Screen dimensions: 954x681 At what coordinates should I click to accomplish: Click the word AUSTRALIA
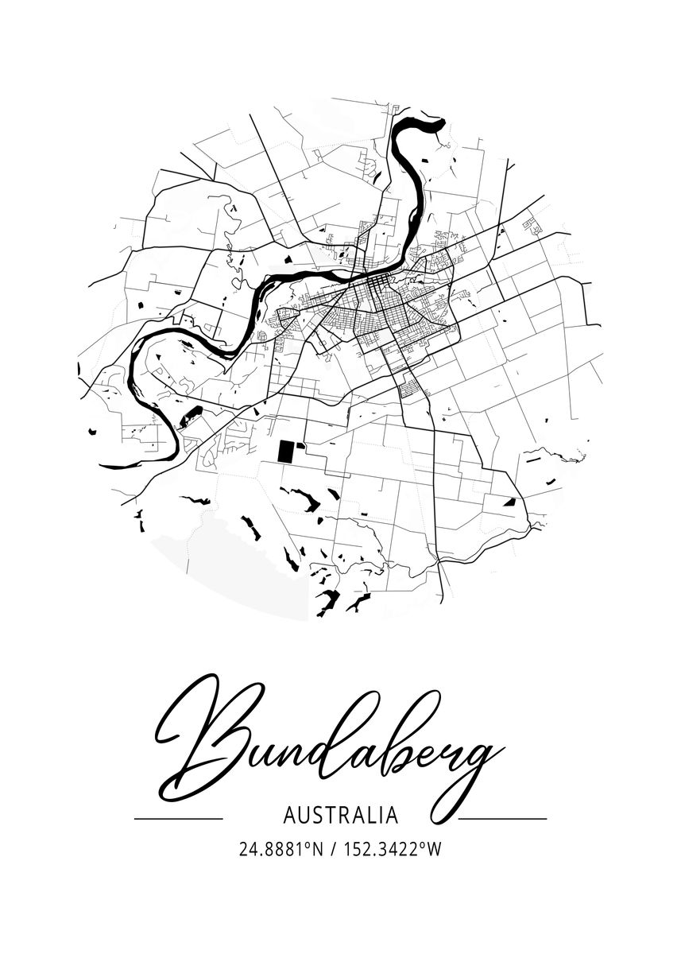pyautogui.click(x=340, y=816)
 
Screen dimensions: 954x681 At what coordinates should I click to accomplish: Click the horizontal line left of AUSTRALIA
pyautogui.click(x=178, y=818)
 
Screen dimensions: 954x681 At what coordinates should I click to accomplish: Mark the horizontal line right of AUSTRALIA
pyautogui.click(x=504, y=818)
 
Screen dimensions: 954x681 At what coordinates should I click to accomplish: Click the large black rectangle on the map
pyautogui.click(x=284, y=452)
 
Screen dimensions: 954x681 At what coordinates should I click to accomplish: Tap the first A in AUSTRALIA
pyautogui.click(x=288, y=816)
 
